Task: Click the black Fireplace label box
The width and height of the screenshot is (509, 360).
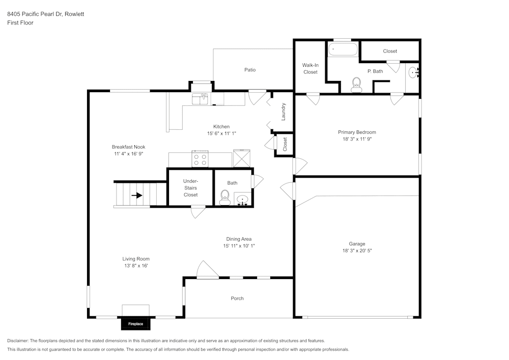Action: point(135,324)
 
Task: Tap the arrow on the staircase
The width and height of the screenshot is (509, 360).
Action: point(136,195)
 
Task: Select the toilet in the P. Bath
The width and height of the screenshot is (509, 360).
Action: point(356,84)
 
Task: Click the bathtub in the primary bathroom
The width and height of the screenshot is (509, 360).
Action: point(343,50)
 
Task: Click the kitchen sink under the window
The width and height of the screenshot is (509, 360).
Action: point(201,98)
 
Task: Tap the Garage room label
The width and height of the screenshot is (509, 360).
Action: point(357,244)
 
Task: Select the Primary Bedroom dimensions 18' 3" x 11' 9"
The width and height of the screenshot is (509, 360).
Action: point(357,139)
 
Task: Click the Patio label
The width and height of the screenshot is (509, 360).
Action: point(250,70)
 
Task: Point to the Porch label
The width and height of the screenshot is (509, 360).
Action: point(237,298)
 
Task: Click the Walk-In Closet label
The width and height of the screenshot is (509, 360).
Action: point(310,69)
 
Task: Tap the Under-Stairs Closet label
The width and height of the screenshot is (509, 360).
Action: point(190,188)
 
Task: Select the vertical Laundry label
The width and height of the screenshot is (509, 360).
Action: point(284,112)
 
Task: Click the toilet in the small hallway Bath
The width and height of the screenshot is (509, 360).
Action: point(224,198)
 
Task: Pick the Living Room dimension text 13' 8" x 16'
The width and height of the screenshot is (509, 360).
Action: point(135,266)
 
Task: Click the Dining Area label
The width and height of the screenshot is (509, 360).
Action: point(239,239)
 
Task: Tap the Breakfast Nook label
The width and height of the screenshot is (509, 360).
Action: point(129,147)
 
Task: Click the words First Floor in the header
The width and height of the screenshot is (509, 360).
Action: point(20,23)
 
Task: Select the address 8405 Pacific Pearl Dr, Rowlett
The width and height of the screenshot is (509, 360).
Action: point(45,14)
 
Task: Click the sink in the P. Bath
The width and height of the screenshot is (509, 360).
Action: point(413,73)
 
